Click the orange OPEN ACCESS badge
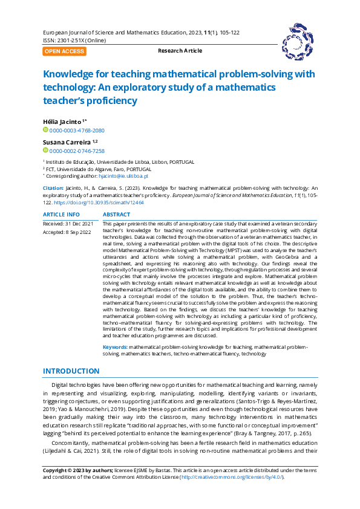pyautogui.click(x=64, y=51)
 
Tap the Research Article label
pyautogui.click(x=180, y=51)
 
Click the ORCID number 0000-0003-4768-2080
pyautogui.click(x=77, y=131)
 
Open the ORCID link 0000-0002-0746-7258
pyautogui.click(x=77, y=151)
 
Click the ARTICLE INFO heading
pyautogui.click(x=61, y=215)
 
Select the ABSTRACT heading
pyautogui.click(x=117, y=215)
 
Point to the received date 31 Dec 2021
pyautogui.click(x=77, y=224)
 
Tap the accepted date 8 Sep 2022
pyautogui.click(x=76, y=232)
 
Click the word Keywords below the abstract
pyautogui.click(x=115, y=347)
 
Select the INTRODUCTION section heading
pyautogui.click(x=71, y=371)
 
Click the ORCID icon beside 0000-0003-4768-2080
pyautogui.click(x=45, y=131)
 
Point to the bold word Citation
pyautogui.click(x=53, y=189)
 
